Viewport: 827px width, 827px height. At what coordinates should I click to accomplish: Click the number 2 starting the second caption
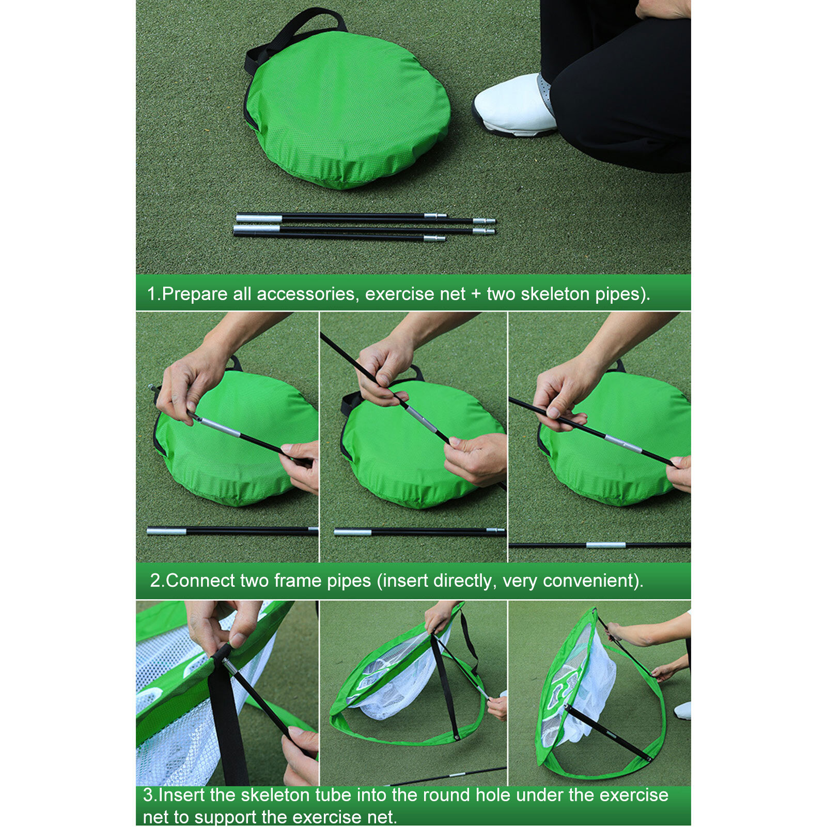(x=155, y=581)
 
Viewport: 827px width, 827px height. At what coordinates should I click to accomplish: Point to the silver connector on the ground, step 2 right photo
(x=606, y=545)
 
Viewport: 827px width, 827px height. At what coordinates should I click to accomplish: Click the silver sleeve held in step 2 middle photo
(x=422, y=418)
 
